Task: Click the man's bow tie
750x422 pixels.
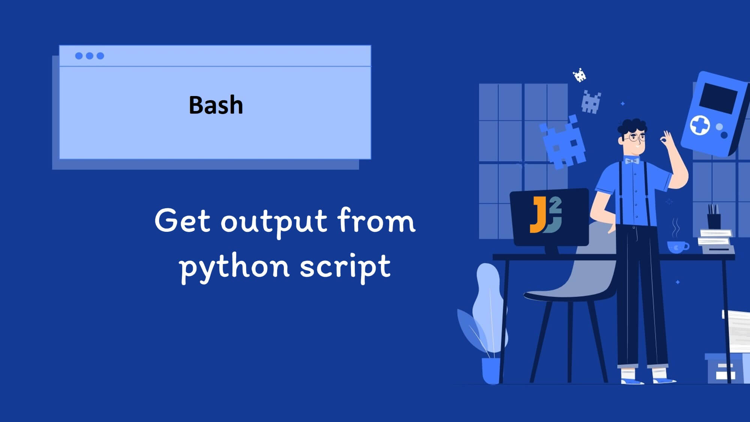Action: [x=632, y=161]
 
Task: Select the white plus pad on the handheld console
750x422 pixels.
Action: [x=700, y=125]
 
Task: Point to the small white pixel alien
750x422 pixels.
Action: [x=580, y=75]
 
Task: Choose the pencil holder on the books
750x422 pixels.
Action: [x=714, y=221]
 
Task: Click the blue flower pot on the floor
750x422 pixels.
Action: [x=491, y=370]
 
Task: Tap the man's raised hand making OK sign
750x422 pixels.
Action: [x=667, y=141]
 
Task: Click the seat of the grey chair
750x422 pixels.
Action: [x=562, y=295]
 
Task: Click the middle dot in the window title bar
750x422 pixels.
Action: [x=90, y=56]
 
